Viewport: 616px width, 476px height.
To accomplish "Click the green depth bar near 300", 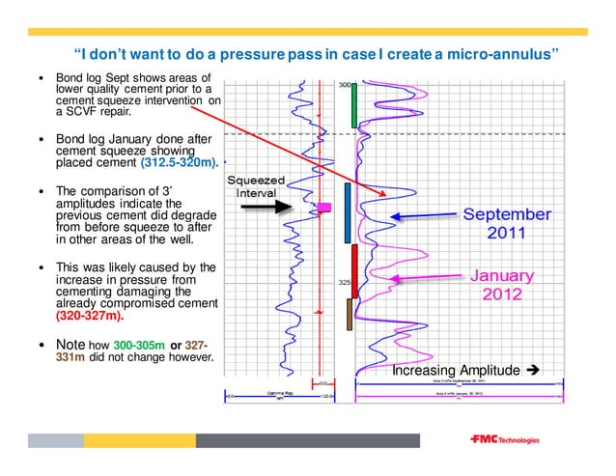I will click(x=354, y=106).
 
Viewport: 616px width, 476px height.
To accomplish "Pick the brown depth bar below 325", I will click(x=350, y=313).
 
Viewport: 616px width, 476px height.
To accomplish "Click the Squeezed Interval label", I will click(x=256, y=186).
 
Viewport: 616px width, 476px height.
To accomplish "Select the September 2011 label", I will click(x=507, y=223).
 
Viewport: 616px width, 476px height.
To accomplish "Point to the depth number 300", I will click(x=344, y=85).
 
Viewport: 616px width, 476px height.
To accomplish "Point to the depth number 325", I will click(x=344, y=283).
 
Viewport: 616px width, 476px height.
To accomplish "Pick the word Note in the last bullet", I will click(x=70, y=343).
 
